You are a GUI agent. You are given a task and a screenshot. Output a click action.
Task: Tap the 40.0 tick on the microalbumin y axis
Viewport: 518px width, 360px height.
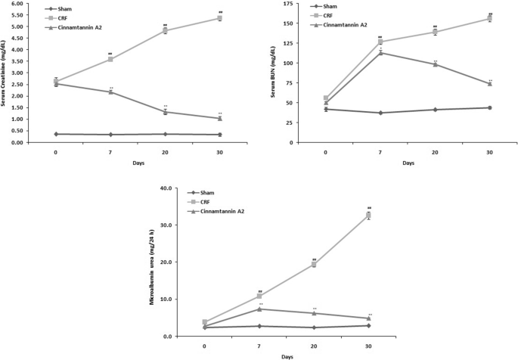(x=166, y=188)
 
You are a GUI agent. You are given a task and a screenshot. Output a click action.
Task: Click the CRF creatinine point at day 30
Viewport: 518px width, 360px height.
(x=219, y=18)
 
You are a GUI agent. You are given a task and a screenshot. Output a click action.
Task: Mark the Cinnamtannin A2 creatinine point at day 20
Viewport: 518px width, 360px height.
(x=165, y=112)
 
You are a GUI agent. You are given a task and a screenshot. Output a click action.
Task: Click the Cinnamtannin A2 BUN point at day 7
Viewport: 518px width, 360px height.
(x=380, y=53)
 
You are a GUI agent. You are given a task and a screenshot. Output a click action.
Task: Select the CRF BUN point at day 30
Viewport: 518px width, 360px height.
(x=489, y=18)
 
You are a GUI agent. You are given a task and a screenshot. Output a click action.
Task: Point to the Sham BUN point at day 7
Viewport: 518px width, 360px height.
(x=380, y=113)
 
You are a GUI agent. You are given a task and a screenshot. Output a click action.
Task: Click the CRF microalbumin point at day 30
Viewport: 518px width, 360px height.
(x=368, y=216)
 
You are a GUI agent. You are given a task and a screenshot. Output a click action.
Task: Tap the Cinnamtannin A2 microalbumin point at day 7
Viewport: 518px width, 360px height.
(x=259, y=309)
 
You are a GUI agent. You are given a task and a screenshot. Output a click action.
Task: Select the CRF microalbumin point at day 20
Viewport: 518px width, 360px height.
(x=314, y=264)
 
